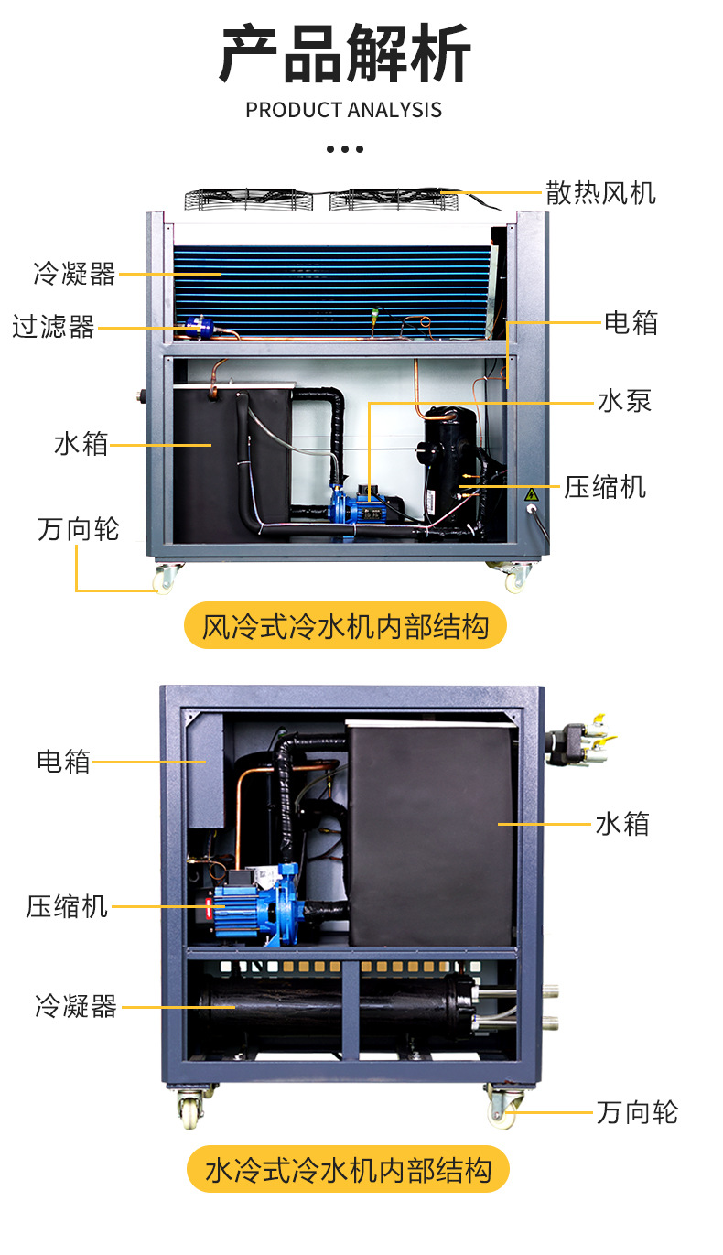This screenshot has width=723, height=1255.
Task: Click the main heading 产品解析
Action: [x=344, y=55]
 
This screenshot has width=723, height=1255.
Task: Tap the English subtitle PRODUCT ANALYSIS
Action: [x=343, y=110]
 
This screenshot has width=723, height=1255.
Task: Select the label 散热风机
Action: [x=600, y=192]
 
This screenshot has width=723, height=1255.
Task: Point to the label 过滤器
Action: [x=53, y=327]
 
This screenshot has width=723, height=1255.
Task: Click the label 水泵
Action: [x=624, y=401]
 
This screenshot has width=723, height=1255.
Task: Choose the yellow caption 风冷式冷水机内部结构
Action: [x=345, y=626]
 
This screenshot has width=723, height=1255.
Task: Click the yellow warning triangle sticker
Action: [x=530, y=494]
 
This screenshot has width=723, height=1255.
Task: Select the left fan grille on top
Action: [x=247, y=199]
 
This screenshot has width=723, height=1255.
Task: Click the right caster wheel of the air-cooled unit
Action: [x=515, y=577]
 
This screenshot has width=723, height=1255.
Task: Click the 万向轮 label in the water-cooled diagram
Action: [x=637, y=1112]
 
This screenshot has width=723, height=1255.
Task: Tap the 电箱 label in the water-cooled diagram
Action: [x=63, y=761]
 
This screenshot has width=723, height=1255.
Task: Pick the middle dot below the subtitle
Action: [x=344, y=148]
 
